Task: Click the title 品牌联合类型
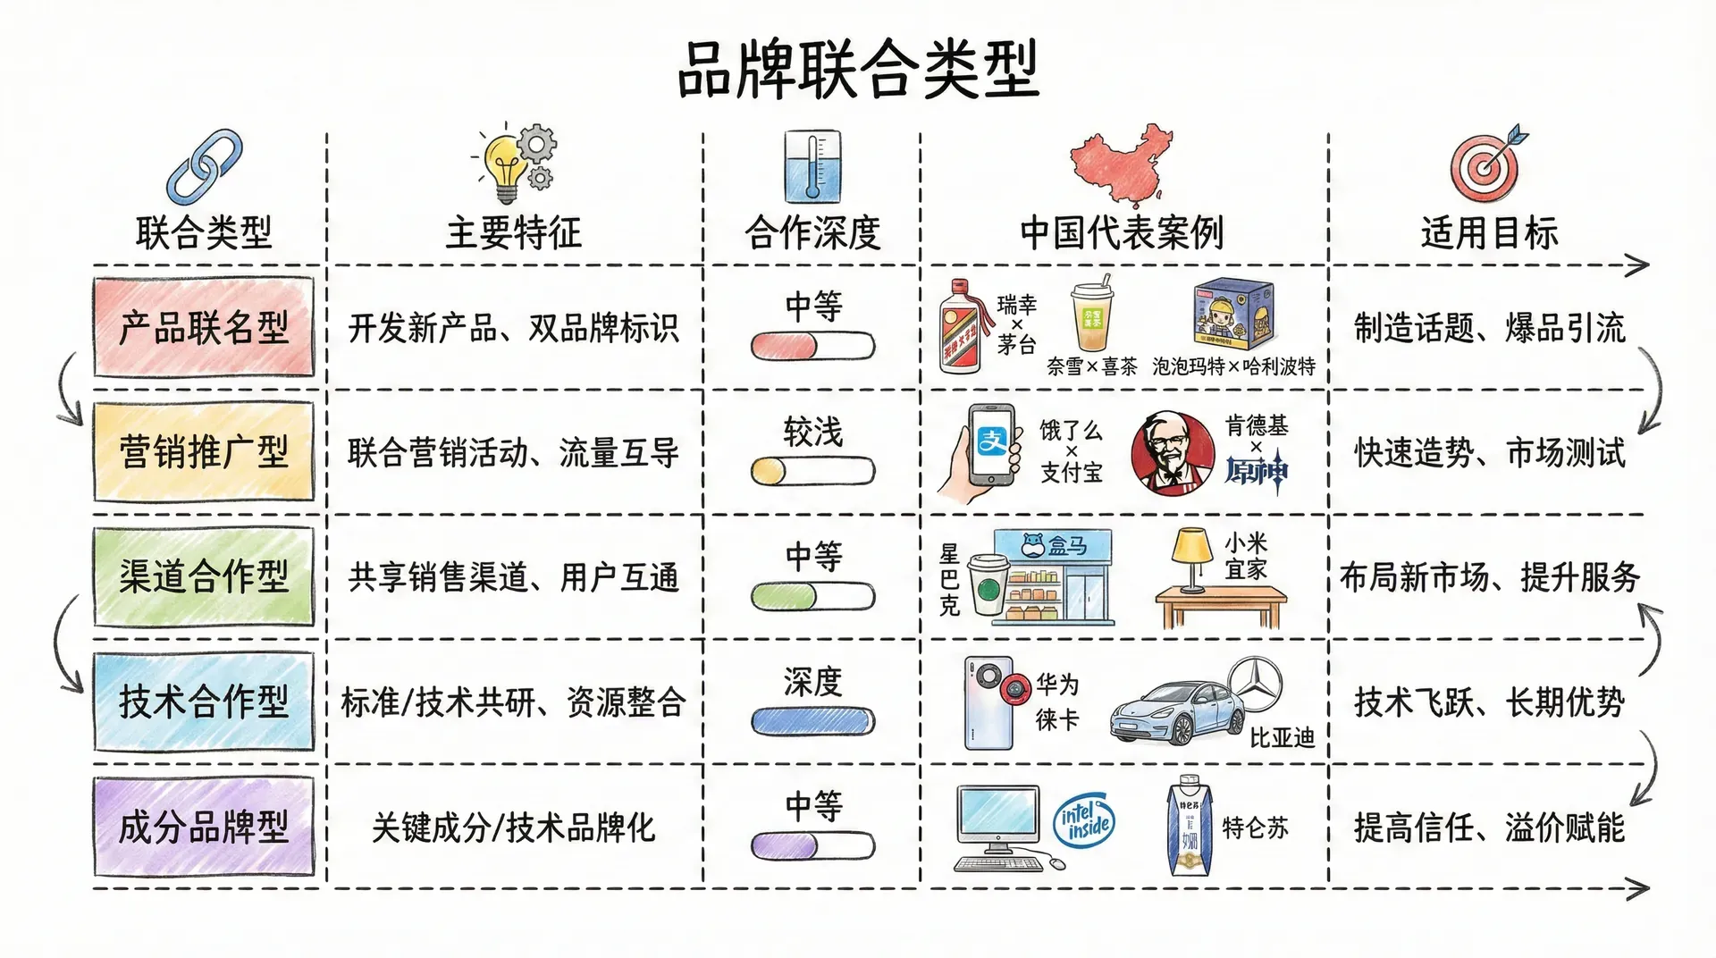[x=858, y=70]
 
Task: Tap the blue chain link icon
[x=205, y=166]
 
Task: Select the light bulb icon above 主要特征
[x=506, y=166]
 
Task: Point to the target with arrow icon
[x=1486, y=164]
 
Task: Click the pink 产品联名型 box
[x=204, y=327]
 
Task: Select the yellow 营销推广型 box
[x=204, y=452]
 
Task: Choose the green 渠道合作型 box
[x=204, y=577]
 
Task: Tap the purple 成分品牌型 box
[x=204, y=827]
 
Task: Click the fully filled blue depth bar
[x=812, y=721]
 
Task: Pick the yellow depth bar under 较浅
[x=812, y=471]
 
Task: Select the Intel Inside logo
[x=1087, y=820]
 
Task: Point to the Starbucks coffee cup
[x=988, y=585]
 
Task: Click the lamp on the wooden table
[x=1191, y=559]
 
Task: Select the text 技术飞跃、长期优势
[x=1489, y=702]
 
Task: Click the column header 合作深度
[x=812, y=233]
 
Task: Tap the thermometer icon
[x=812, y=166]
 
